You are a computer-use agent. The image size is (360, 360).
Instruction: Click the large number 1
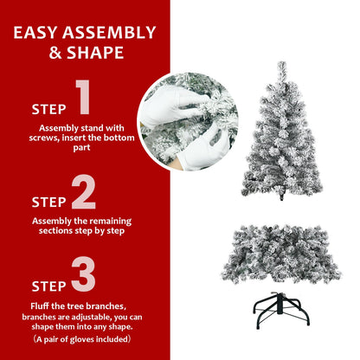coord(83,99)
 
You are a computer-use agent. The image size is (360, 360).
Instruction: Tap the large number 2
coord(83,192)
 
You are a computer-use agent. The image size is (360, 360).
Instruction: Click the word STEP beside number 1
coord(48,110)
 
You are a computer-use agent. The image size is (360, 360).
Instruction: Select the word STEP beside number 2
coord(48,202)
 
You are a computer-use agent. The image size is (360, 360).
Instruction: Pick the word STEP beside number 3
coord(48,286)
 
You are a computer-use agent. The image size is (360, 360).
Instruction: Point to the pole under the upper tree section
coord(282,195)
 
